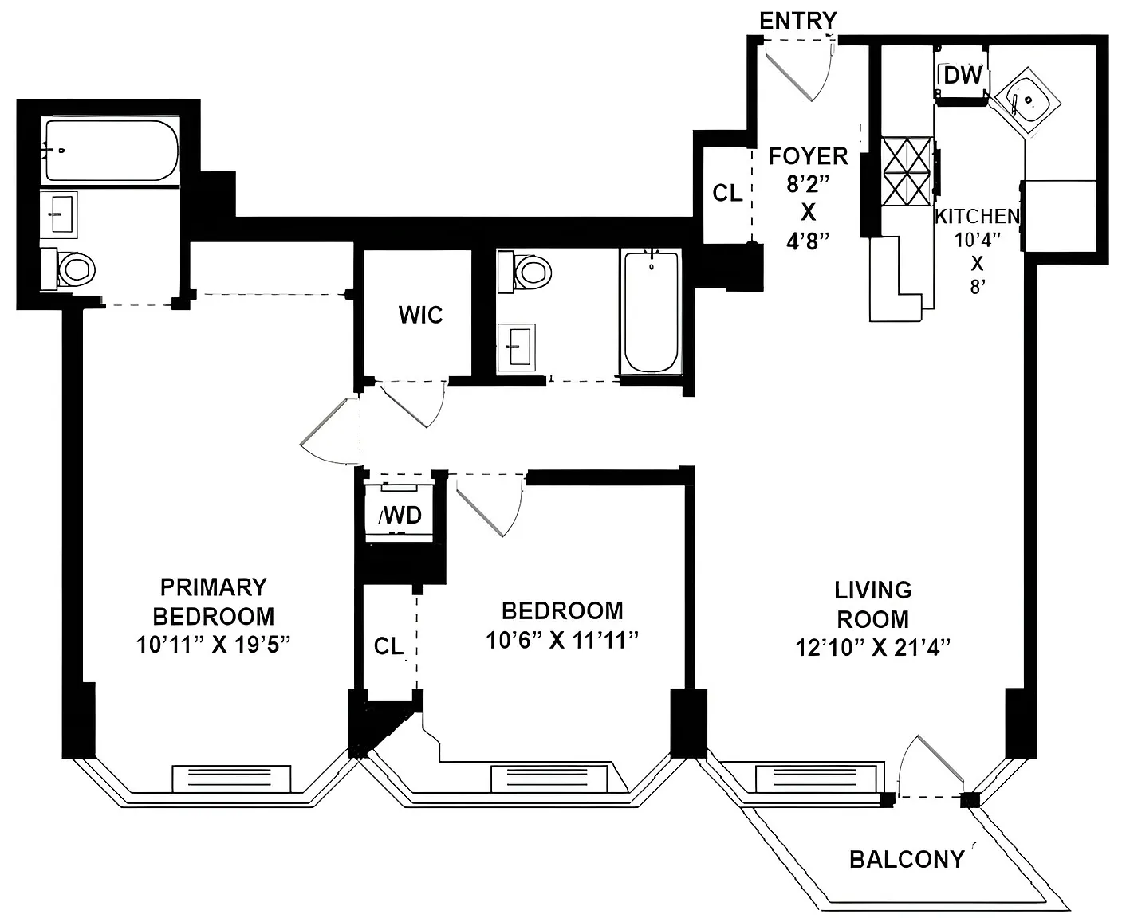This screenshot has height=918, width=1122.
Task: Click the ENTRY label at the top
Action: (797, 21)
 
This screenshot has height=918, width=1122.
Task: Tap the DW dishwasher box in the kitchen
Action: (962, 76)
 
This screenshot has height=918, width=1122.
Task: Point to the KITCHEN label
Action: (977, 217)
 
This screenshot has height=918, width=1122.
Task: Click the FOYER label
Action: (808, 156)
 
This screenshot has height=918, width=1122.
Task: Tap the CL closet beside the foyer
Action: (726, 193)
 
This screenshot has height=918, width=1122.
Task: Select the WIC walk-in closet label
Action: (420, 315)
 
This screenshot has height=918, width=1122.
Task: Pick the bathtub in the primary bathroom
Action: (111, 151)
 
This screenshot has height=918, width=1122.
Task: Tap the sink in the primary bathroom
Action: (59, 214)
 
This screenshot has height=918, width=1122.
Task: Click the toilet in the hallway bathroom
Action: (527, 271)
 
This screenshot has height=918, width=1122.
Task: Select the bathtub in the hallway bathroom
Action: (652, 311)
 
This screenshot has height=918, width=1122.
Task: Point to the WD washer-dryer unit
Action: (400, 513)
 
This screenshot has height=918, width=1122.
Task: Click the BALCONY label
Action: (906, 859)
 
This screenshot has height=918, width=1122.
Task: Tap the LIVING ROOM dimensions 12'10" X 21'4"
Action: (872, 648)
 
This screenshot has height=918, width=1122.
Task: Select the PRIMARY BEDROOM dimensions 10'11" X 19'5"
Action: (212, 645)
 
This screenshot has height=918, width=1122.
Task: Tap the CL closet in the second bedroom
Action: (389, 645)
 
